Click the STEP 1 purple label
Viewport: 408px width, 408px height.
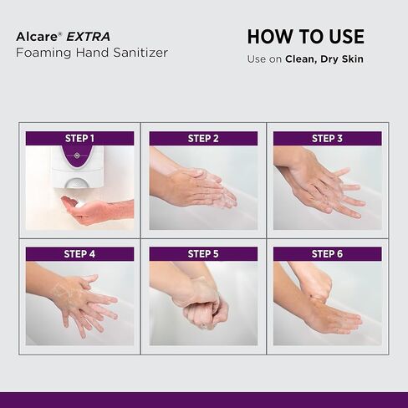79,138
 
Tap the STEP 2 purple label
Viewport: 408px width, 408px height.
203,138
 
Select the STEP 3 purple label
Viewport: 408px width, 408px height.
327,138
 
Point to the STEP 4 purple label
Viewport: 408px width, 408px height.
79,253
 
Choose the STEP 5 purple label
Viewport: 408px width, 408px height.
203,253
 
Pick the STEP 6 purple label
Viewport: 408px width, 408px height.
327,253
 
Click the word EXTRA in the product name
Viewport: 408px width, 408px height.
89,37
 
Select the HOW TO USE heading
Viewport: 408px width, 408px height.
305,37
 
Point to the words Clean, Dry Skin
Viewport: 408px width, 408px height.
324,59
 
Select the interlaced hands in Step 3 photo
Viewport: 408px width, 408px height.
322,184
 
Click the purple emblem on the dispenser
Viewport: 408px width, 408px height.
78,156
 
